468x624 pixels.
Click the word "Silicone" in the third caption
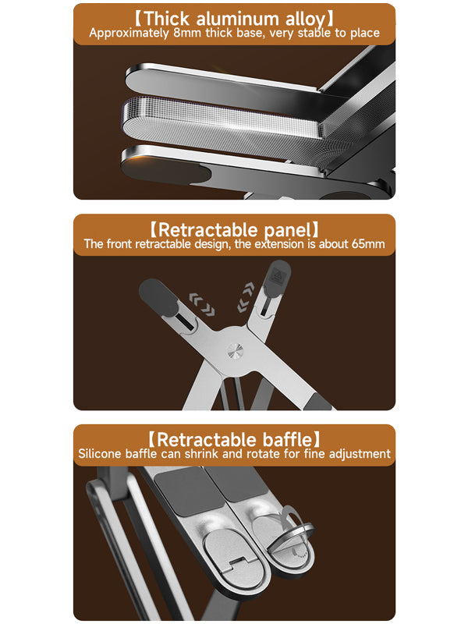click(x=101, y=454)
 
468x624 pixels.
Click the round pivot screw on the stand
click(x=234, y=350)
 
